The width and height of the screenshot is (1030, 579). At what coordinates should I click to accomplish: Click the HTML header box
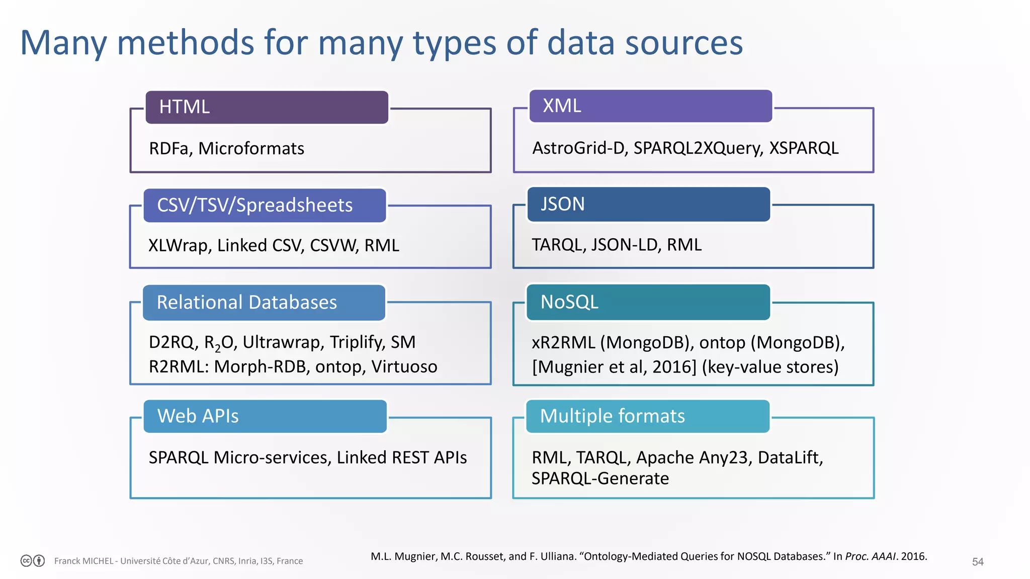pyautogui.click(x=267, y=107)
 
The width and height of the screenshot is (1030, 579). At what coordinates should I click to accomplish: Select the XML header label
pyautogui.click(x=650, y=106)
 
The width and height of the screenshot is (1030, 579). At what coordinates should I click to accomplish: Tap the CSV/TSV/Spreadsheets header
pyautogui.click(x=265, y=205)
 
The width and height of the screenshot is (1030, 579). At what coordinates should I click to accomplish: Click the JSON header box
pyautogui.click(x=648, y=204)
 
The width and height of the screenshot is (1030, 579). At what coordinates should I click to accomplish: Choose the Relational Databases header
pyautogui.click(x=264, y=302)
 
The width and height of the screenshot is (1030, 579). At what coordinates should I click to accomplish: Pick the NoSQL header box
pyautogui.click(x=648, y=302)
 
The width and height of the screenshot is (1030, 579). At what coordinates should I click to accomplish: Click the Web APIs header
pyautogui.click(x=265, y=416)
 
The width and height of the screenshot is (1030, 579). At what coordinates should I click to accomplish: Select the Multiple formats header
pyautogui.click(x=648, y=416)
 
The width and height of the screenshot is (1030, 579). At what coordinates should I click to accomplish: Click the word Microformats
pyautogui.click(x=251, y=149)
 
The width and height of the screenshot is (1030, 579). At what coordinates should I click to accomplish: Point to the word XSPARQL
pyautogui.click(x=804, y=148)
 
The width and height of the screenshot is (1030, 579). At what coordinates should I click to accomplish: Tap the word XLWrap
pyautogui.click(x=180, y=246)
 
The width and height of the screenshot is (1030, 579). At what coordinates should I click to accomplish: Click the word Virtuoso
pyautogui.click(x=404, y=367)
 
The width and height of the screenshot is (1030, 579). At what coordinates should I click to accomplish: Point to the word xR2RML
pyautogui.click(x=563, y=343)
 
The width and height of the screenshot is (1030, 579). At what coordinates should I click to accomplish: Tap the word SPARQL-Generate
pyautogui.click(x=600, y=478)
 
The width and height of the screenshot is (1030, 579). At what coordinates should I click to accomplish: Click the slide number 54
pyautogui.click(x=977, y=561)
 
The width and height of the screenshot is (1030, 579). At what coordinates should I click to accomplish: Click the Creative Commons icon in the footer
pyautogui.click(x=27, y=561)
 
